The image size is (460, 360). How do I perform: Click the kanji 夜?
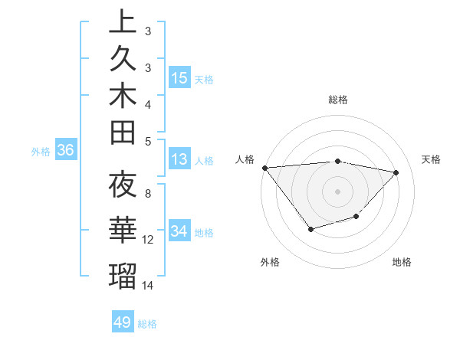[123, 185]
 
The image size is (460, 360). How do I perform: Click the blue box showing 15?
[179, 77]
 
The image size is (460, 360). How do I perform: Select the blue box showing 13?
[179, 159]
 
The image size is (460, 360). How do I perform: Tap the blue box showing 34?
[179, 231]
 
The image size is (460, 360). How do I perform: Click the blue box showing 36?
[65, 151]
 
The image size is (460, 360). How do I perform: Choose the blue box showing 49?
[123, 322]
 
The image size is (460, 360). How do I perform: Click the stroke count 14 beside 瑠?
[149, 286]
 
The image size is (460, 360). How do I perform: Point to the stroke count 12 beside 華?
[149, 240]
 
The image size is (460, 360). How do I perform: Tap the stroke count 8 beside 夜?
[148, 194]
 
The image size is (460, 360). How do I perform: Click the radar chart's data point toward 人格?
[264, 168]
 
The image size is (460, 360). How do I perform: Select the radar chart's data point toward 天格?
[396, 172]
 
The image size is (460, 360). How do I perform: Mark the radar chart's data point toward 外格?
[310, 228]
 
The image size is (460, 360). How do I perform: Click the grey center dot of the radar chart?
[337, 190]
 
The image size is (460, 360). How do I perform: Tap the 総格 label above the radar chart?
[337, 100]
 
